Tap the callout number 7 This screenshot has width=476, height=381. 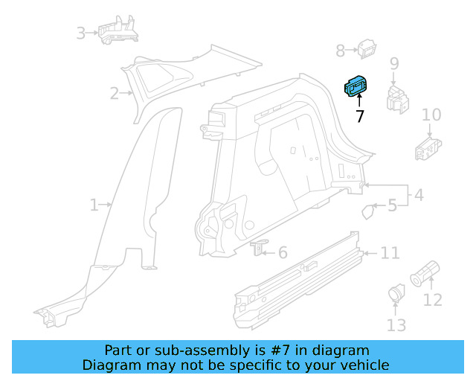[x=360, y=116]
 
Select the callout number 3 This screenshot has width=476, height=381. [x=81, y=33]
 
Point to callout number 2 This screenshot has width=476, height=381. [x=115, y=93]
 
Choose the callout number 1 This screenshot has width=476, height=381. [x=94, y=205]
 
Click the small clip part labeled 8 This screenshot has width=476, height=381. [x=367, y=50]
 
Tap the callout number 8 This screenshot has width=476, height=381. [x=341, y=51]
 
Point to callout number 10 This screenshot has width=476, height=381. [x=431, y=115]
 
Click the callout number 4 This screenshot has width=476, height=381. [x=419, y=195]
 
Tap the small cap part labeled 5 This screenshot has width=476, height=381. [x=368, y=211]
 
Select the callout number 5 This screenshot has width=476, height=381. [x=392, y=205]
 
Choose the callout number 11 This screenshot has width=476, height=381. [x=390, y=253]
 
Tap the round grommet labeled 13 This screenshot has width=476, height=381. [x=396, y=295]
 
